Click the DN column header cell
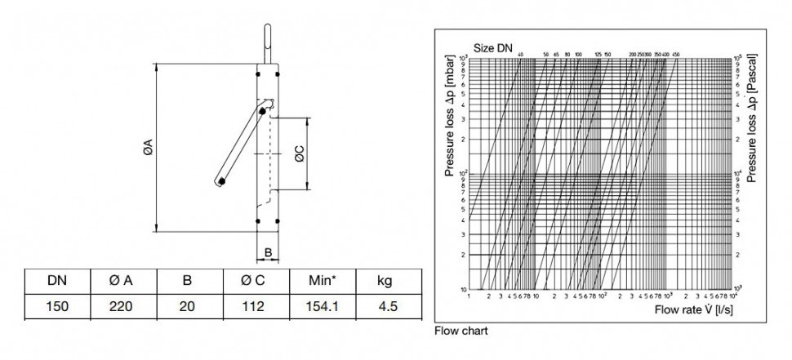57,282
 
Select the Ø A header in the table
122,282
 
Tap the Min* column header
319,282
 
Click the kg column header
385,282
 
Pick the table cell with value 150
57,307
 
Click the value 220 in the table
122,307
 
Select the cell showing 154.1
319,307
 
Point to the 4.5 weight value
385,307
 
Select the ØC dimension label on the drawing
300,154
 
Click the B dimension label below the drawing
268,254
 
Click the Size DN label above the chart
494,48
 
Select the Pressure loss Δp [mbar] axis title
449,118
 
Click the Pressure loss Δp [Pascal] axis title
753,118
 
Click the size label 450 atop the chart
675,55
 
